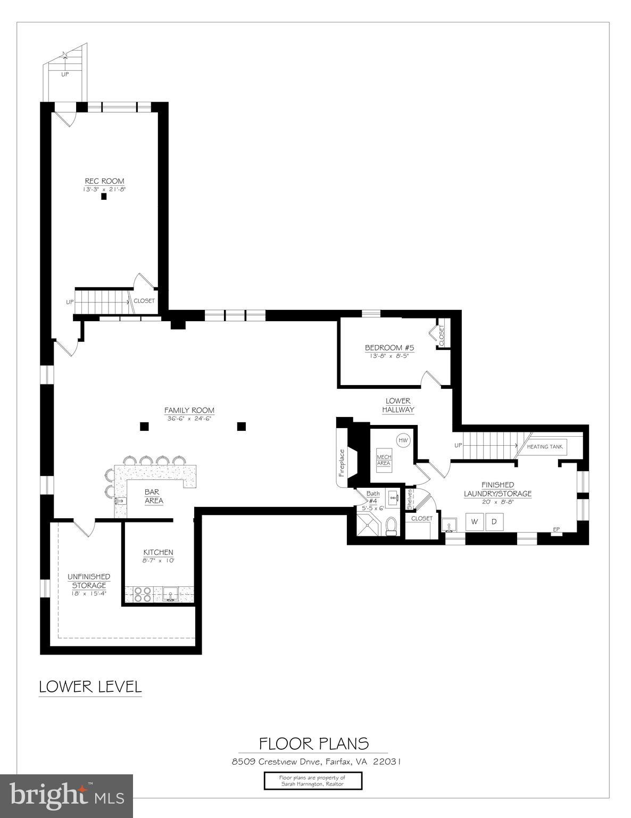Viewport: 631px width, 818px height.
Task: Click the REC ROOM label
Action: click(x=104, y=181)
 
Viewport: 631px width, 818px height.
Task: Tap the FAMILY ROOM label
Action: click(x=189, y=410)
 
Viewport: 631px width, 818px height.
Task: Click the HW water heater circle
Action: click(x=403, y=440)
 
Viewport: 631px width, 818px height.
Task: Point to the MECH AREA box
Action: click(x=384, y=460)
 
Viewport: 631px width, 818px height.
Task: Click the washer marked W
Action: click(x=475, y=521)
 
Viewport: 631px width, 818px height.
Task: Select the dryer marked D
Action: click(x=494, y=521)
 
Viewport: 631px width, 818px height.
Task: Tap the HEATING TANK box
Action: click(x=544, y=446)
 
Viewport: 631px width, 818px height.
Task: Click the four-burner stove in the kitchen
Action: click(x=143, y=594)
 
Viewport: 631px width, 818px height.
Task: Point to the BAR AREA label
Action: click(x=154, y=496)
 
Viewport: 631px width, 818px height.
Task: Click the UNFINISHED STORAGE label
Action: click(x=89, y=581)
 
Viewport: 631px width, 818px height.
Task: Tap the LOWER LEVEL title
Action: click(x=90, y=686)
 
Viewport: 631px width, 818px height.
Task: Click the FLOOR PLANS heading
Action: click(x=313, y=743)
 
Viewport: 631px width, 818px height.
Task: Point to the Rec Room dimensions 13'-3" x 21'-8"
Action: click(x=104, y=189)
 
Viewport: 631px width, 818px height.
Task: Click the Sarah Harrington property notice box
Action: click(x=313, y=781)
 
